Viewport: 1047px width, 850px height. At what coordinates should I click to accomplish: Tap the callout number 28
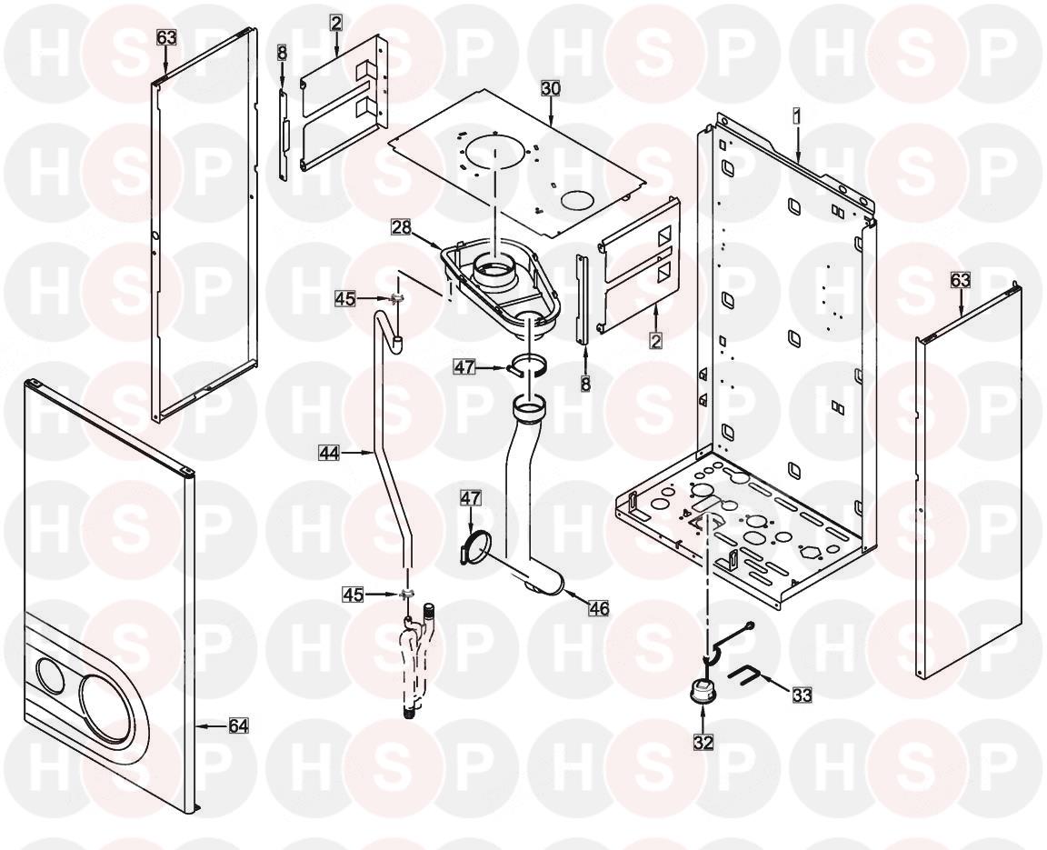click(x=402, y=227)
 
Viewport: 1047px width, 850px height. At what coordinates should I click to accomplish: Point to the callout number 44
click(x=329, y=454)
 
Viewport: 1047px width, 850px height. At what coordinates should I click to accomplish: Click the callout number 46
click(x=599, y=608)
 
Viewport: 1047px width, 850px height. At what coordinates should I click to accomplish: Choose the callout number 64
click(x=238, y=725)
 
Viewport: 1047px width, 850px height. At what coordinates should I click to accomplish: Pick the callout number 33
click(x=803, y=695)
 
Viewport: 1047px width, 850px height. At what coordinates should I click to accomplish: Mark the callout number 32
click(x=703, y=742)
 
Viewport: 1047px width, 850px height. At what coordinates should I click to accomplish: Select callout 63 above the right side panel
click(x=960, y=280)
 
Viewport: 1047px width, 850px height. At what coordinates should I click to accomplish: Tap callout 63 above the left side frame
click(x=166, y=37)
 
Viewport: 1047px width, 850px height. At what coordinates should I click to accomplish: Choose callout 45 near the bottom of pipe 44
click(x=354, y=594)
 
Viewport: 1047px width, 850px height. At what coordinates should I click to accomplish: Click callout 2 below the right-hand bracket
click(x=655, y=341)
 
